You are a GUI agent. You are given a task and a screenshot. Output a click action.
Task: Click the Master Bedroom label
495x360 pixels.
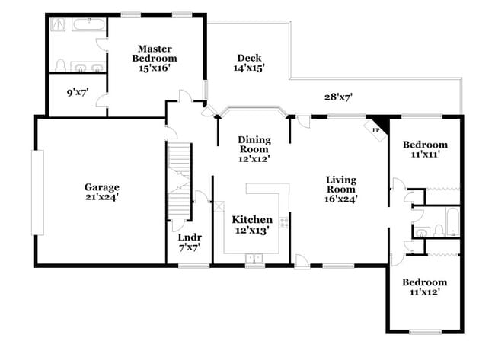coord(154,58)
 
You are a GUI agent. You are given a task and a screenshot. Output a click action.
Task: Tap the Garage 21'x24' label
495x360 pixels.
coord(101,192)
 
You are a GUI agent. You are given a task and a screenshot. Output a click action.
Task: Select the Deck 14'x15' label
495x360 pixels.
coord(248,63)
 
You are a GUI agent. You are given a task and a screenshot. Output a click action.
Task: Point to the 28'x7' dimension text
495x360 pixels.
coord(337,97)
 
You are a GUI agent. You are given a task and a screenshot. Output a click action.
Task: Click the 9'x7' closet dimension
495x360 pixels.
coord(78,93)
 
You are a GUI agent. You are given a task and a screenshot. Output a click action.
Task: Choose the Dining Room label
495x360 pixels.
coord(254,149)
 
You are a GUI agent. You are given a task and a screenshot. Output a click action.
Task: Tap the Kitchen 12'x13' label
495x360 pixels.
coord(253,225)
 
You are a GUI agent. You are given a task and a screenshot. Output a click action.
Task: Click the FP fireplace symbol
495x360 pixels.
coord(377,129)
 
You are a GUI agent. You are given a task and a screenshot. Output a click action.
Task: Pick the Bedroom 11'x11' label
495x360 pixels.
coord(425,150)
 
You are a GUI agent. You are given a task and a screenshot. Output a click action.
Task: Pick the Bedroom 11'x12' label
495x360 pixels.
coord(425,287)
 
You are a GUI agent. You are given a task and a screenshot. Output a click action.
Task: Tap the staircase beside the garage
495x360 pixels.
coord(178,179)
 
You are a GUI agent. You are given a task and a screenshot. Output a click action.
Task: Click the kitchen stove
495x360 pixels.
coord(283,223)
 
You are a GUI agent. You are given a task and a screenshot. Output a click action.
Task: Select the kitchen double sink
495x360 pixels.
coord(254,259)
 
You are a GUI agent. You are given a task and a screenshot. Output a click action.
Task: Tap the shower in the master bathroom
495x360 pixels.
coord(57,24)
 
